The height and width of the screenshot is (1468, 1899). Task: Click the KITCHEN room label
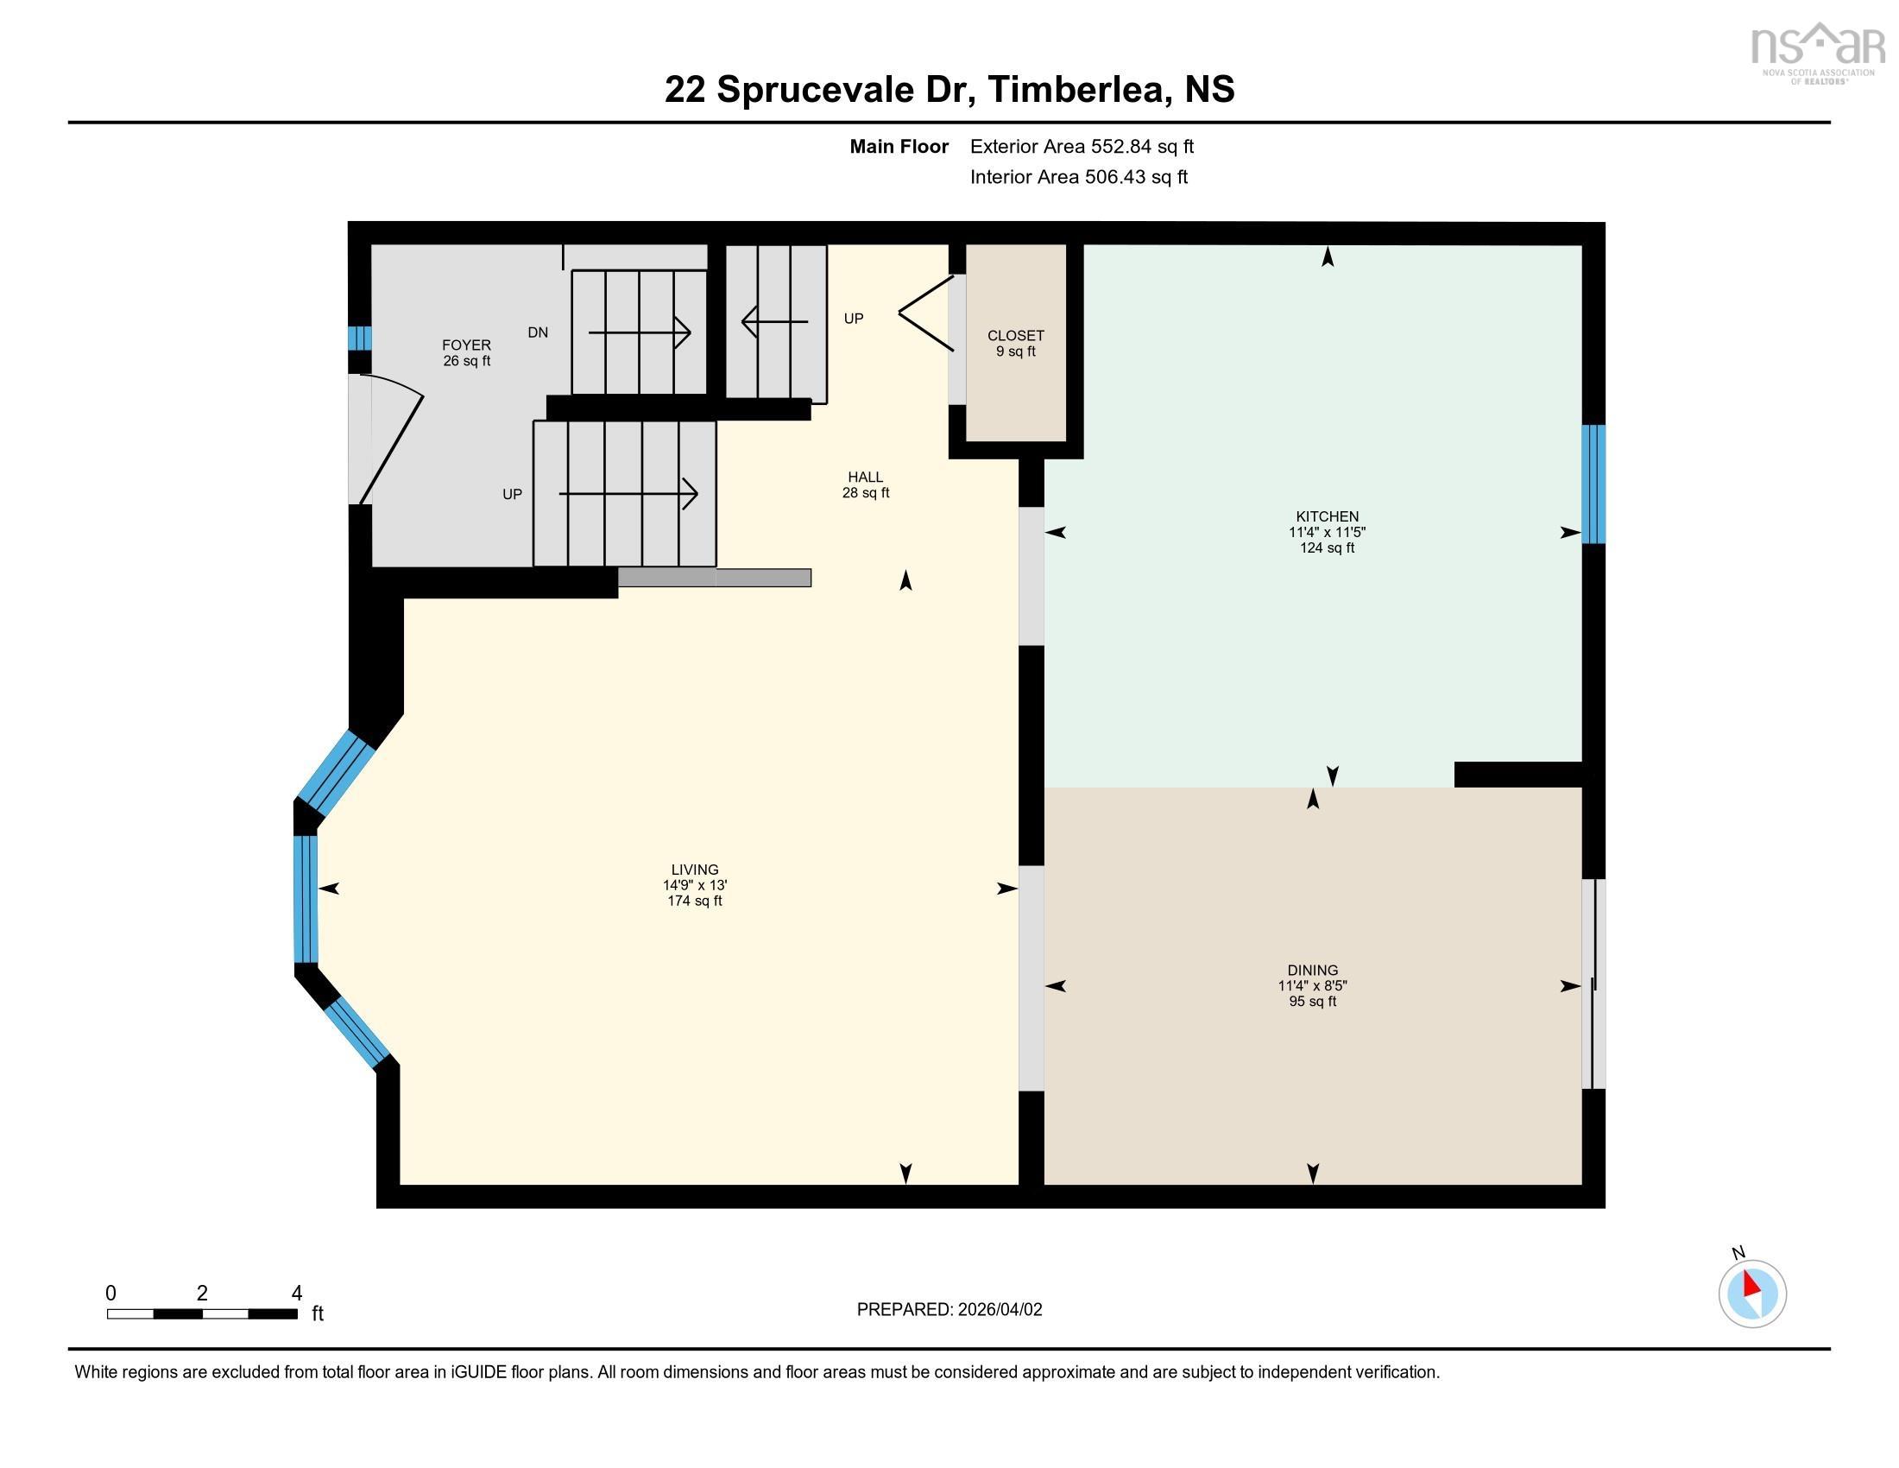point(1326,516)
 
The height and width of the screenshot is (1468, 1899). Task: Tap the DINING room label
point(1312,971)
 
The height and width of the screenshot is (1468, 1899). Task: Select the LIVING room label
point(694,870)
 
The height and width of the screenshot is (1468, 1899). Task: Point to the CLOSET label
point(1015,336)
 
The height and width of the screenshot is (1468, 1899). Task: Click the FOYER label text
point(466,345)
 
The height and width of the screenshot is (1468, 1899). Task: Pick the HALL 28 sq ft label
point(865,484)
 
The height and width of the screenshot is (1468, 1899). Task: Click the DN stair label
point(538,332)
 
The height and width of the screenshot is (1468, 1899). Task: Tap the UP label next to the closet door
point(853,320)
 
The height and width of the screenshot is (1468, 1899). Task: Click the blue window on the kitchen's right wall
point(1592,484)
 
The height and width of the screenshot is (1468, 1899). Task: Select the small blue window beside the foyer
point(359,338)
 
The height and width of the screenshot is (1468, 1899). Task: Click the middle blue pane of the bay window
point(306,898)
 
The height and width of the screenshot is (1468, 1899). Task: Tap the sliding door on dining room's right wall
point(1592,984)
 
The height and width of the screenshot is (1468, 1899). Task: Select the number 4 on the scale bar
point(296,1294)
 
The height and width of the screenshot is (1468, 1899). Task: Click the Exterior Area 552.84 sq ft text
point(1081,147)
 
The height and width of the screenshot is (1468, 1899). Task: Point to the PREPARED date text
point(949,1310)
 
